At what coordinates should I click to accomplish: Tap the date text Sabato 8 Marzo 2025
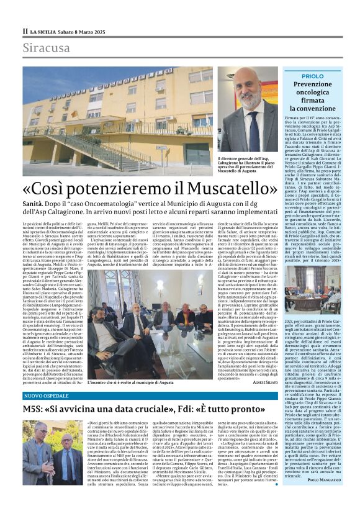pyautogui.click(x=84, y=30)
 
